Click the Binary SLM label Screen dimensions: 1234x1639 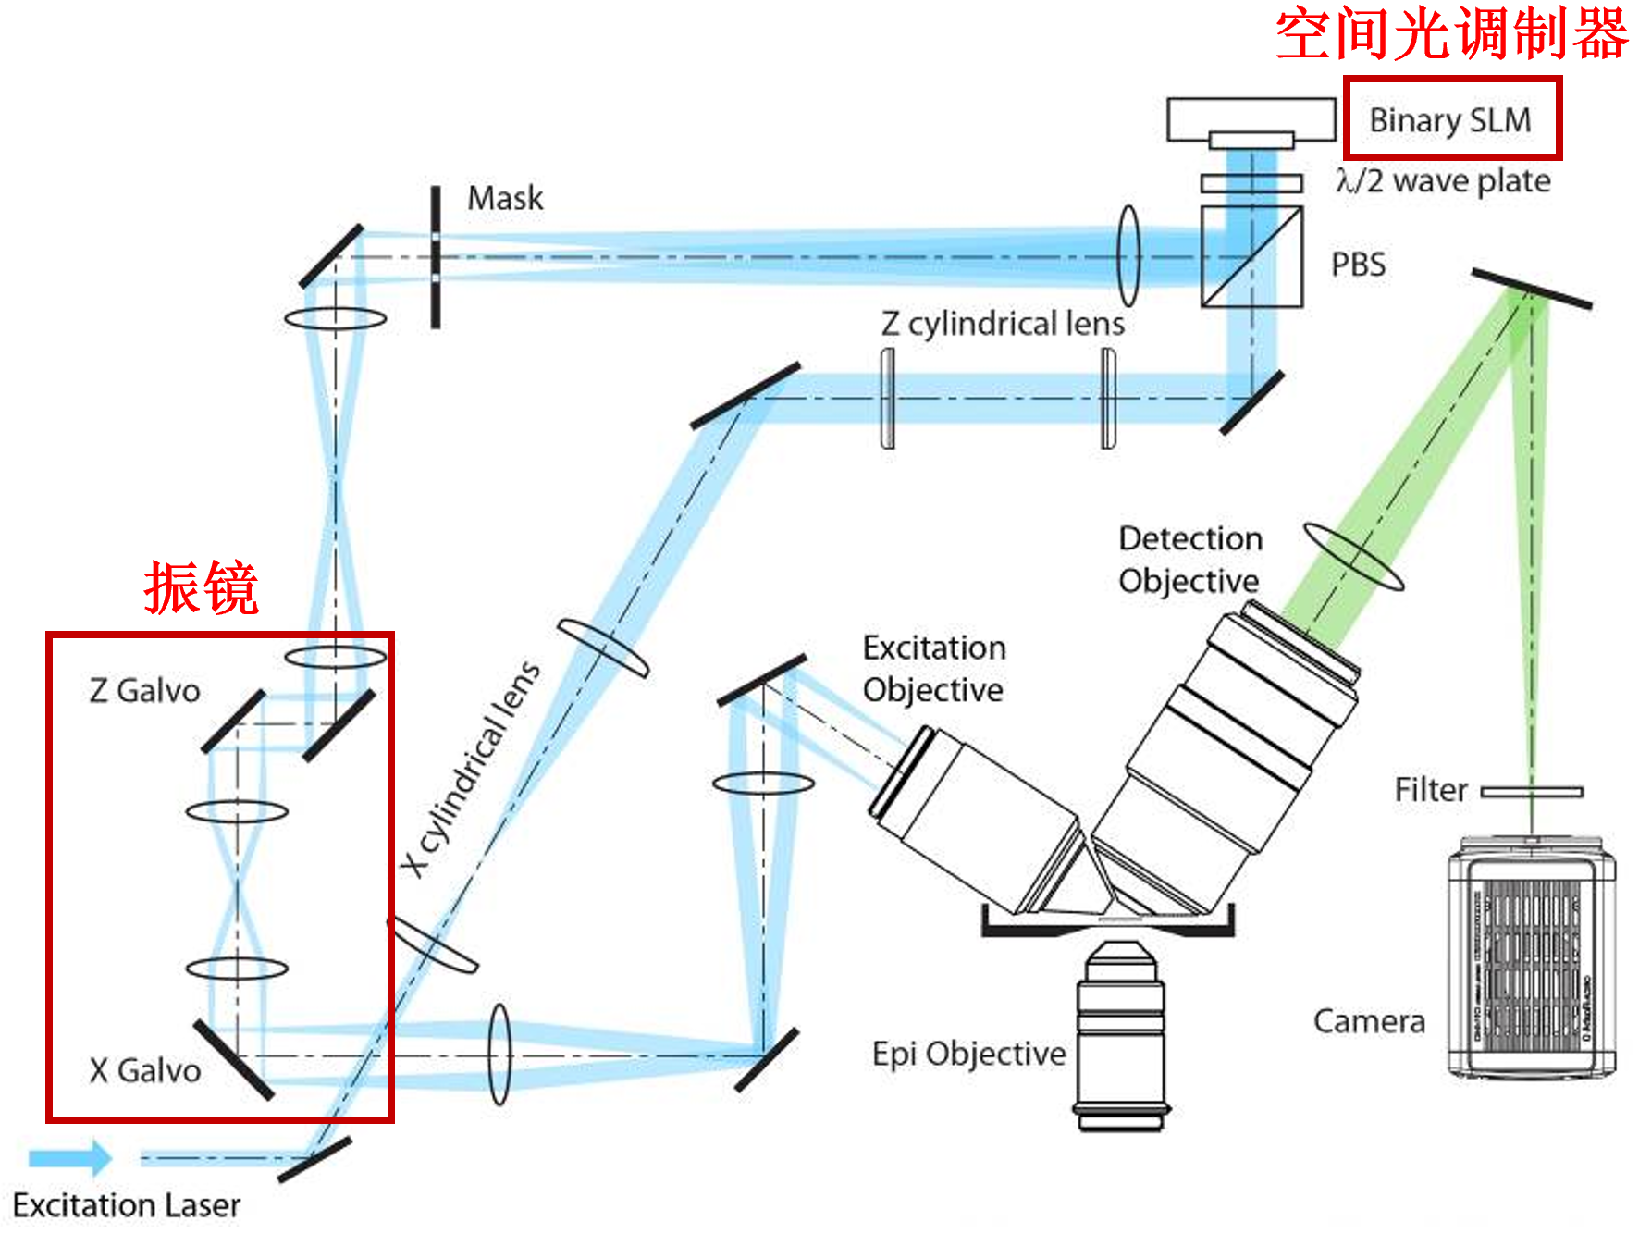(x=1449, y=120)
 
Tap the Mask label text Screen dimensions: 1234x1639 (x=505, y=198)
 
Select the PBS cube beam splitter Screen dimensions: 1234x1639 (x=1251, y=257)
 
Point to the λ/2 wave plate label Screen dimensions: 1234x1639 (x=1443, y=181)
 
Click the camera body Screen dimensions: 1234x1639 (x=1531, y=957)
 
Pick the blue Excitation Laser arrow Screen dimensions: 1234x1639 (x=69, y=1158)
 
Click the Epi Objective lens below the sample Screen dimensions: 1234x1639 (x=1121, y=1036)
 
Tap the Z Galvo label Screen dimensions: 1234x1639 (x=144, y=691)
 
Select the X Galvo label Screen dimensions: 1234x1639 (x=145, y=1070)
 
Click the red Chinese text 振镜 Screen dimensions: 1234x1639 (x=201, y=588)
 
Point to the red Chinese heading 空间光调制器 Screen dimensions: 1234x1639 (x=1451, y=35)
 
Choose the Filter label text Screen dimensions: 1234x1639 (x=1431, y=790)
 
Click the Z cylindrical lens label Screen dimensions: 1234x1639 (x=1003, y=324)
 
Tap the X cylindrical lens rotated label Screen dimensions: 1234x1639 (x=472, y=769)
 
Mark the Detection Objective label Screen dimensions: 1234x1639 (x=1189, y=560)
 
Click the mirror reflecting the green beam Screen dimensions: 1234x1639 (x=1532, y=289)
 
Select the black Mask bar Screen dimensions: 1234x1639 (x=436, y=257)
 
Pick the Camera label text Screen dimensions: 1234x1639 (x=1369, y=1021)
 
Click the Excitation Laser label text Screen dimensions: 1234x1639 (x=127, y=1205)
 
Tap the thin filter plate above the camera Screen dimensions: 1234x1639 (x=1533, y=792)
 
